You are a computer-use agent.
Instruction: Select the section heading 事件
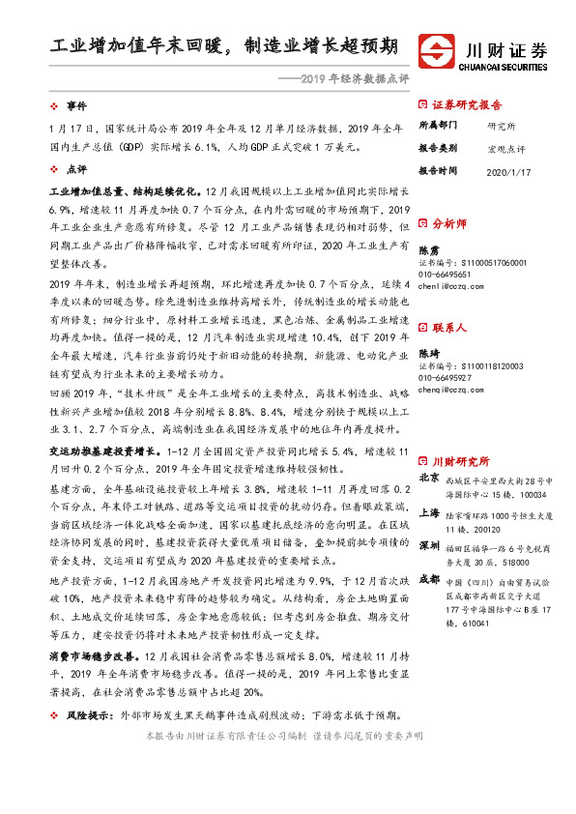tap(76, 104)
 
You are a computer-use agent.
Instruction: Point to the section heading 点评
tap(76, 167)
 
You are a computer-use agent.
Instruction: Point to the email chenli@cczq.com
tap(451, 287)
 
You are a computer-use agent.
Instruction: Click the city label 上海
tap(428, 512)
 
